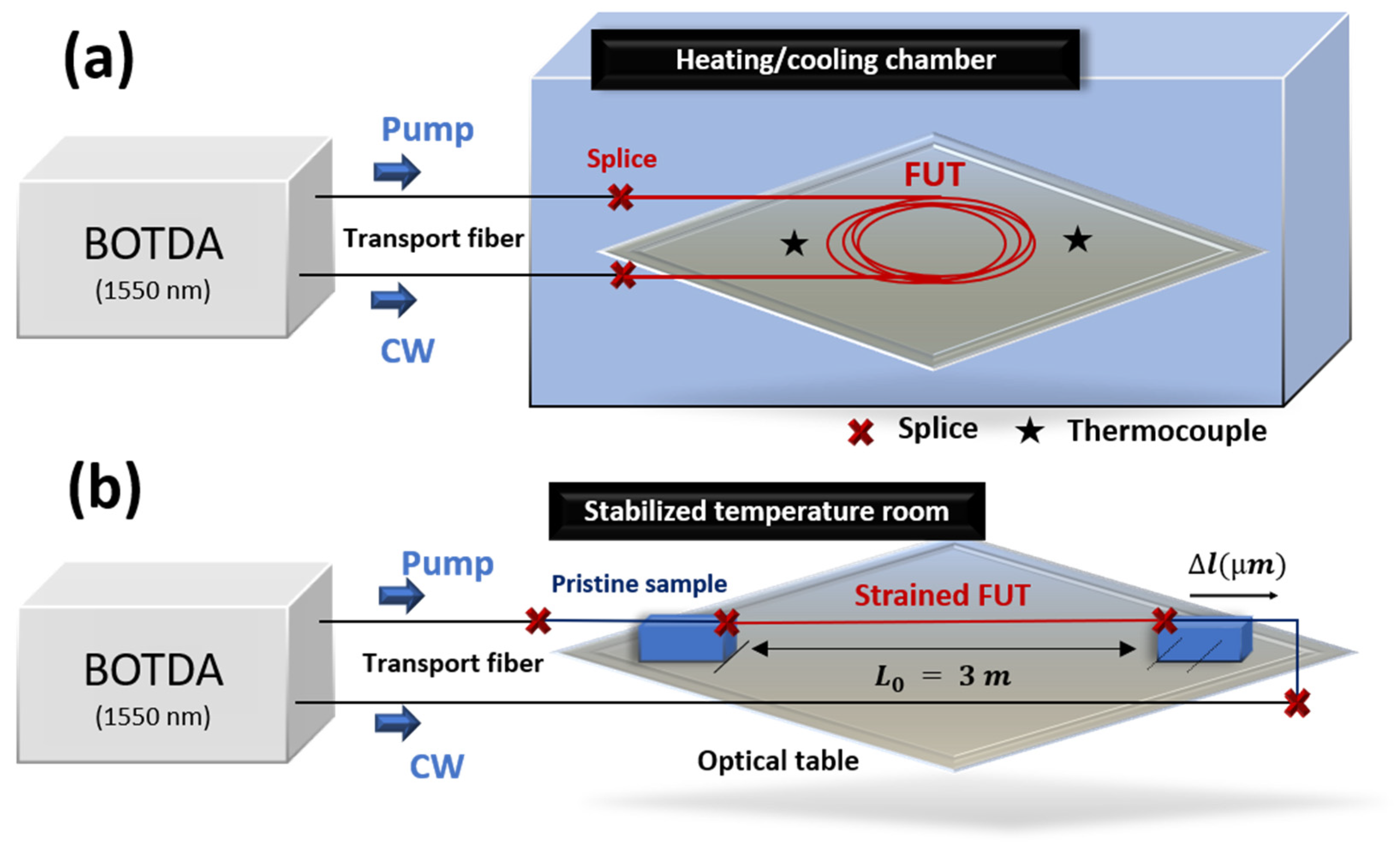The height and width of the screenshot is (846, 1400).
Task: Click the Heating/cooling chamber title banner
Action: [x=835, y=60]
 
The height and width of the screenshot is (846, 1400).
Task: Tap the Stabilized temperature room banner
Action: [x=766, y=511]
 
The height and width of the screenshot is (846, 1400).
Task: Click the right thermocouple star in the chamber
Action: [x=1077, y=239]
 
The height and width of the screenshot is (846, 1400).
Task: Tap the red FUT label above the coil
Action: [x=933, y=174]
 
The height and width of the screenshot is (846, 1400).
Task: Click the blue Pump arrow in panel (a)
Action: [x=396, y=171]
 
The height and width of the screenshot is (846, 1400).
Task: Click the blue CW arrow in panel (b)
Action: [x=397, y=723]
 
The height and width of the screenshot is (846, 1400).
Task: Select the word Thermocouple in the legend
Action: [x=1167, y=431]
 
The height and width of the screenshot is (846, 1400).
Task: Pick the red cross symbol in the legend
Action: [x=860, y=432]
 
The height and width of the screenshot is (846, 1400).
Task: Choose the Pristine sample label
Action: [x=639, y=584]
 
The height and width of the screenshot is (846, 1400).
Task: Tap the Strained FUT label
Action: [x=941, y=595]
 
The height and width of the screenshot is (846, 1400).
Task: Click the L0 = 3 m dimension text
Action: [x=942, y=676]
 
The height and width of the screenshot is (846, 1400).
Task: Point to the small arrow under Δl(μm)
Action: [x=1233, y=596]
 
